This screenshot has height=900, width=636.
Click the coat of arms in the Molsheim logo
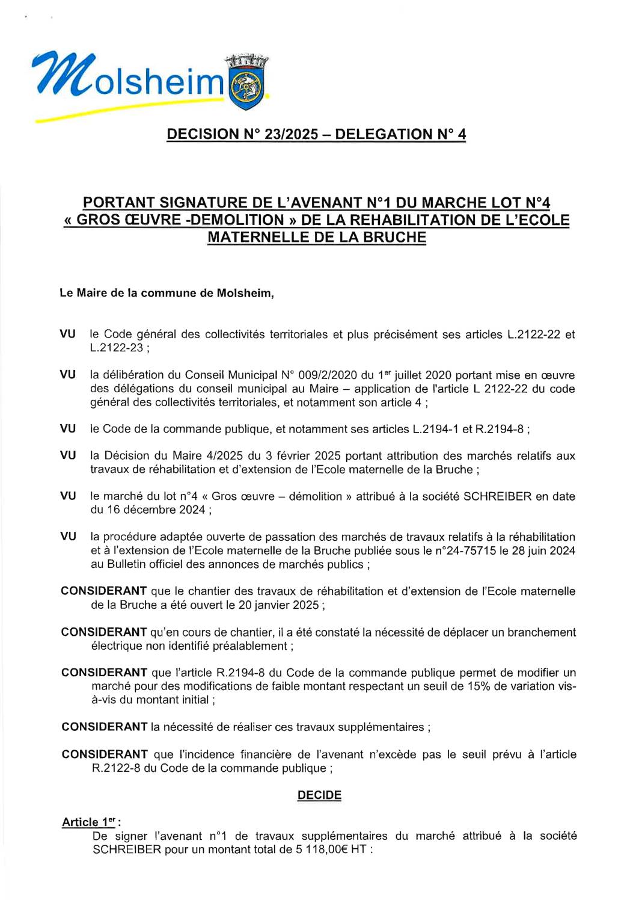246,88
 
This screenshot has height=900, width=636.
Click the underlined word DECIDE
319,795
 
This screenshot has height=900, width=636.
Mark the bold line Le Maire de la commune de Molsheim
167,294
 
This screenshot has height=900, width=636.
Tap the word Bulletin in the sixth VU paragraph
128,564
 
